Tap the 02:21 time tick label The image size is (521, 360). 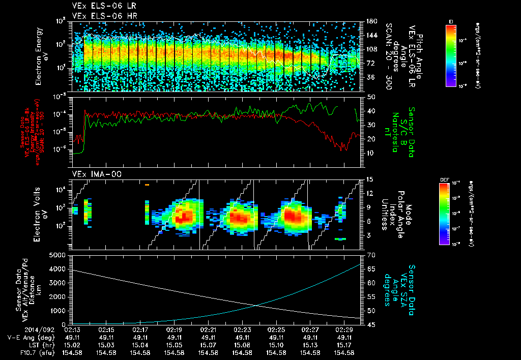click(x=209, y=329)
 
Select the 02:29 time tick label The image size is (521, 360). click(x=345, y=329)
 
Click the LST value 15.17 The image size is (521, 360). click(x=345, y=345)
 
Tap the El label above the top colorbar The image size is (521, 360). click(x=451, y=21)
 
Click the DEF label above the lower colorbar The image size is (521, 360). click(x=444, y=179)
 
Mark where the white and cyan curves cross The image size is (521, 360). click(x=255, y=305)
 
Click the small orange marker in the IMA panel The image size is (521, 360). click(x=147, y=185)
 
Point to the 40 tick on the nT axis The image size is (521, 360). click(x=371, y=111)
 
